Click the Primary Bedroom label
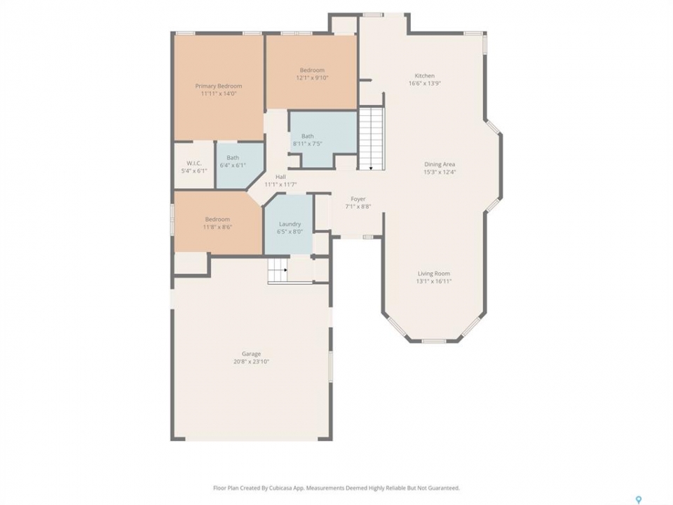click(219, 86)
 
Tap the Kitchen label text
click(425, 76)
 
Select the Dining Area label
click(440, 164)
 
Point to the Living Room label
click(434, 274)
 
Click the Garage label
click(251, 353)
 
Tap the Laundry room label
click(290, 224)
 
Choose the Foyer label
click(358, 198)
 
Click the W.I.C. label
click(194, 163)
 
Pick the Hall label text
click(280, 177)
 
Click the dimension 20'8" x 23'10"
click(251, 362)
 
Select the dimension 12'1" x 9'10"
click(312, 78)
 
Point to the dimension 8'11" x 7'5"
click(307, 144)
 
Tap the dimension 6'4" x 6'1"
click(233, 166)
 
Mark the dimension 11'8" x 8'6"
click(217, 227)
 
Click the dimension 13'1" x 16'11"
click(434, 281)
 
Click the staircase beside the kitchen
click(372, 138)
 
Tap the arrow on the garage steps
click(285, 270)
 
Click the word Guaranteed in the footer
click(444, 488)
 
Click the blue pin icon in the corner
click(638, 499)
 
